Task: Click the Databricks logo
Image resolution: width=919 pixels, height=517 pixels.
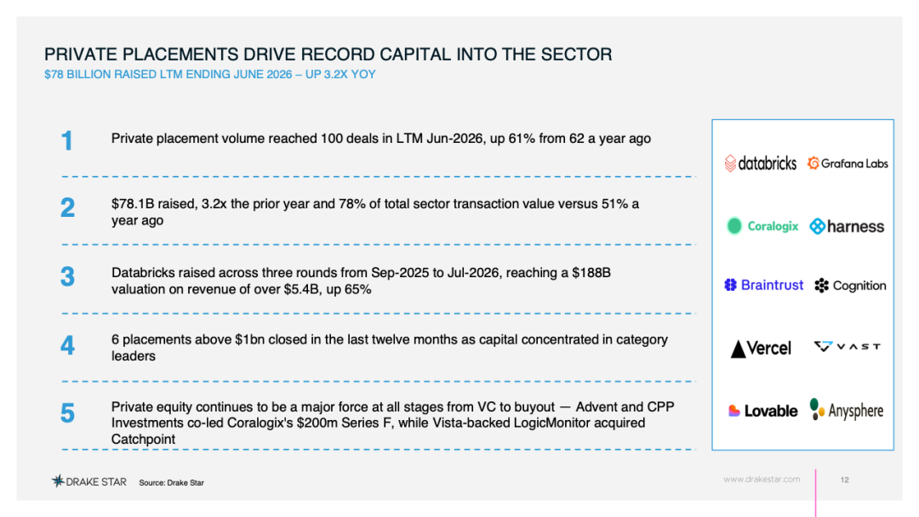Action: pos(760,162)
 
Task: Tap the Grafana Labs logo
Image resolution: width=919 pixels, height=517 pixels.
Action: pos(848,163)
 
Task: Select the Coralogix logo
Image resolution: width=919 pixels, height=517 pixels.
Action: pos(762,226)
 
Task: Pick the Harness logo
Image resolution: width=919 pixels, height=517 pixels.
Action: pos(847,226)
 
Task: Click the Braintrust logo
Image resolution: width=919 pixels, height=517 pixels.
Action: pos(763,285)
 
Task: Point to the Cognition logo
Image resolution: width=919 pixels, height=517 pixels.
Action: pos(850,286)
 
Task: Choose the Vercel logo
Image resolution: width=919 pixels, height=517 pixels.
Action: pos(761,349)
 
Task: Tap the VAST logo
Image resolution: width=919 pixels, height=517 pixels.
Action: pos(847,347)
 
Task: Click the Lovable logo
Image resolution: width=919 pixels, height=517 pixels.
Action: pos(762,411)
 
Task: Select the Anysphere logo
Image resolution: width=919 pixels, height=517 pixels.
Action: pos(847,410)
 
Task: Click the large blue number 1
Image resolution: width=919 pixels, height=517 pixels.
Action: pos(67,140)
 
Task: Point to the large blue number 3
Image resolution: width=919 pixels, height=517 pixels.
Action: pos(67,276)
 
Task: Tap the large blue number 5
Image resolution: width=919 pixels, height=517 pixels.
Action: pos(67,412)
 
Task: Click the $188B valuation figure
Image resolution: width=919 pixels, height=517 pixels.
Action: pos(591,273)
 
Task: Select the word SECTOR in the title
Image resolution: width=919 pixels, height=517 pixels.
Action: pos(576,54)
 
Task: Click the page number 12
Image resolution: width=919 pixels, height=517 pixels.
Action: pos(845,480)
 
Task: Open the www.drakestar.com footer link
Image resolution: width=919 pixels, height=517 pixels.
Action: pos(762,479)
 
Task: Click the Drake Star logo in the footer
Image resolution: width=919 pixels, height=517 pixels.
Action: pos(89,481)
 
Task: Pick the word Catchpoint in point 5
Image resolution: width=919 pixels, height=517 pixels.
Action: pos(143,439)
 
